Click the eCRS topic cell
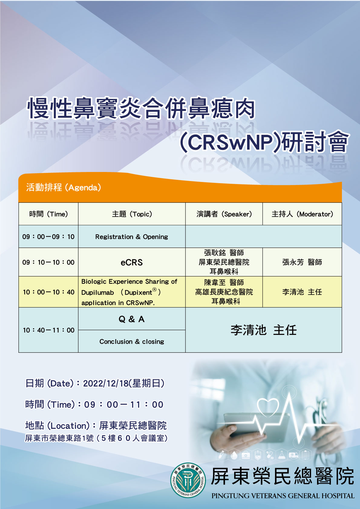pyautogui.click(x=132, y=262)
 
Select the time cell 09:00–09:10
pyautogui.click(x=48, y=237)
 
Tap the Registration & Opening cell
pyautogui.click(x=132, y=237)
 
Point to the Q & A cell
pyautogui.click(x=132, y=319)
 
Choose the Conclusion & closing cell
pyautogui.click(x=132, y=341)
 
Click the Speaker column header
pyautogui.click(x=224, y=214)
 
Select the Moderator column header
pyautogui.click(x=302, y=214)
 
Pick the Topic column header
pyautogui.click(x=132, y=214)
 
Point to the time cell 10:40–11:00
pyautogui.click(x=48, y=330)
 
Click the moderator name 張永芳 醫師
pyautogui.click(x=302, y=262)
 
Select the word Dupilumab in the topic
pyautogui.click(x=97, y=293)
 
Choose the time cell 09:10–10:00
pyautogui.click(x=48, y=262)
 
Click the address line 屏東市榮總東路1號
pyautogui.click(x=59, y=438)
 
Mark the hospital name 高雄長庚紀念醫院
pyautogui.click(x=224, y=292)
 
